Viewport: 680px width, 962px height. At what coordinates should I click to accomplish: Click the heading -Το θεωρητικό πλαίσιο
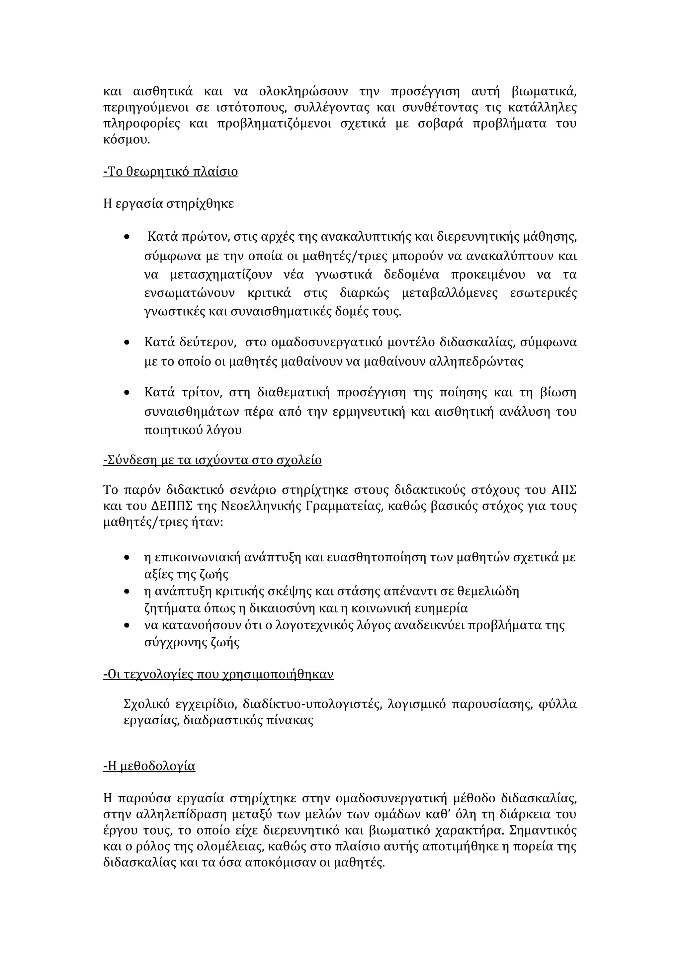pos(171,172)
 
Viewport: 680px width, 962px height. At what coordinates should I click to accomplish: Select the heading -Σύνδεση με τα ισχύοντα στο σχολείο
pos(212,460)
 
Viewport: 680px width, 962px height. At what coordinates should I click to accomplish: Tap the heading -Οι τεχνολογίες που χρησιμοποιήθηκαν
pos(218,674)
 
